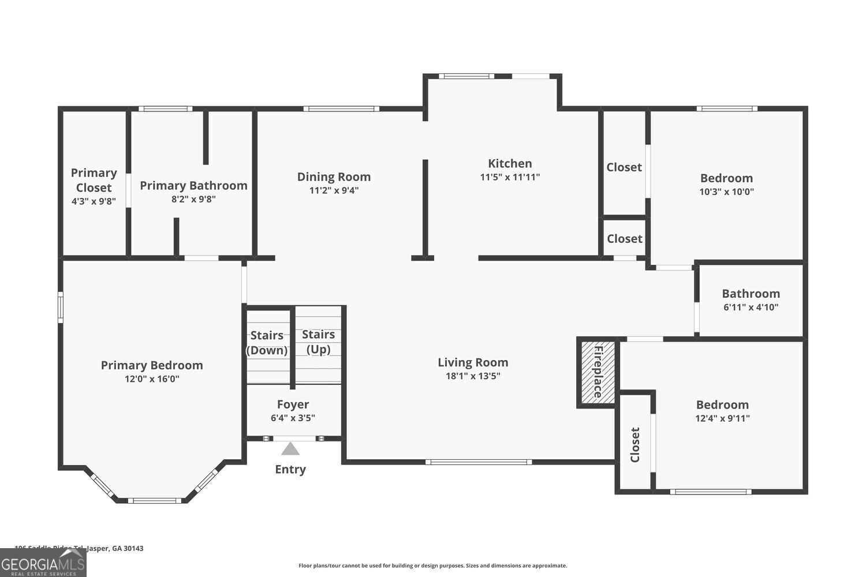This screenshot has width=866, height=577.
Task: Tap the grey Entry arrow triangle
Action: coord(290,448)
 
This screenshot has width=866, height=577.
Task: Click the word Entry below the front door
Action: coord(290,469)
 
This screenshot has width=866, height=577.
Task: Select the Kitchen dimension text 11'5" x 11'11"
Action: coord(510,177)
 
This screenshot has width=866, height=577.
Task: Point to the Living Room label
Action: coord(473,362)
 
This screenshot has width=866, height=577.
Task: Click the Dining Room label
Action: coord(334,177)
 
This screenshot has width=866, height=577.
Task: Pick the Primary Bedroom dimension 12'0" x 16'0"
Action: coord(152,379)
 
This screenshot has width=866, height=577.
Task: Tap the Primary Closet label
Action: coord(94,180)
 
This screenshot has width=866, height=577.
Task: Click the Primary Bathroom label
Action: coord(193,185)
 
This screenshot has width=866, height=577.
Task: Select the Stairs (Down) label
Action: coord(267,343)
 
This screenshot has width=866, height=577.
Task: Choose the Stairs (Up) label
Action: coord(318,342)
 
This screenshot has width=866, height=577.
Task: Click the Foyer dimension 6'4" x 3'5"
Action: coord(293,418)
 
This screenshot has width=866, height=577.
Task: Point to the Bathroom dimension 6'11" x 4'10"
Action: coord(751,308)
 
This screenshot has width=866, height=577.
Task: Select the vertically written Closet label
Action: coord(635,444)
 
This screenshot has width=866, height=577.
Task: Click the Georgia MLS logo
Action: coord(43,563)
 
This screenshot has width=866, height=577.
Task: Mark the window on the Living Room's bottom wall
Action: coord(479,462)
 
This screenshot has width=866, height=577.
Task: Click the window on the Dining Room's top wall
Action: coord(341,108)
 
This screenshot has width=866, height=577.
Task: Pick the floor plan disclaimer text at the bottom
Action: coord(432,565)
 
